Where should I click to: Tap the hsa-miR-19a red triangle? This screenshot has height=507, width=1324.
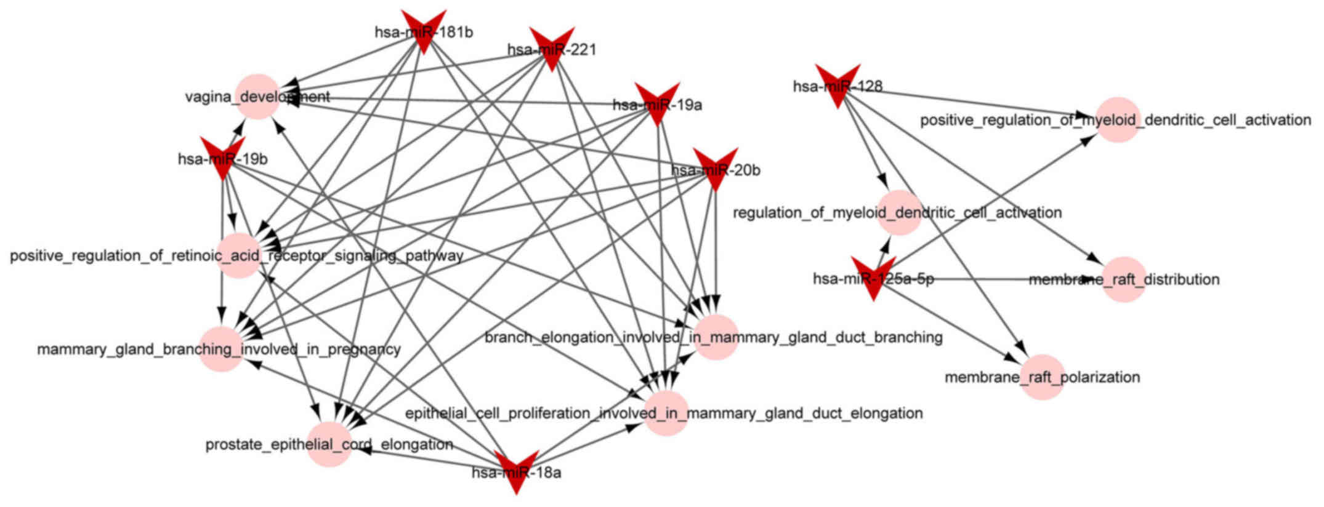(656, 102)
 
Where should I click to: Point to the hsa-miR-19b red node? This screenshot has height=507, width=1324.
(223, 156)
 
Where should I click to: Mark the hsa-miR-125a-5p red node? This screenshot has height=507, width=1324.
(873, 277)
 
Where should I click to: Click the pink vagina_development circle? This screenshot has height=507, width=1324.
(258, 97)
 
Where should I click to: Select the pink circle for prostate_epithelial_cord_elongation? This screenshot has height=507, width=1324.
(329, 444)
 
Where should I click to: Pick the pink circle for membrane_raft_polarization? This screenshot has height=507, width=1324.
(1043, 377)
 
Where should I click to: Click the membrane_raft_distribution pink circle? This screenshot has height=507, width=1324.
(1123, 279)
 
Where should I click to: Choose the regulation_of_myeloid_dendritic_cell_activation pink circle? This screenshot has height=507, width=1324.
(900, 213)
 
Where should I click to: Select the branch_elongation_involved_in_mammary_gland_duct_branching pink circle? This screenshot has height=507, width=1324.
(716, 337)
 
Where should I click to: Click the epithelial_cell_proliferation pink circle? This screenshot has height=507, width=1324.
(666, 413)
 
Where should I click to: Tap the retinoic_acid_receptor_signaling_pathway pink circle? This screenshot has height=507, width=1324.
(239, 255)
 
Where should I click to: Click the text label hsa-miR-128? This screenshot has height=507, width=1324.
(838, 87)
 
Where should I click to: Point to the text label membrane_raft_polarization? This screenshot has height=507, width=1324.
(1043, 377)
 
